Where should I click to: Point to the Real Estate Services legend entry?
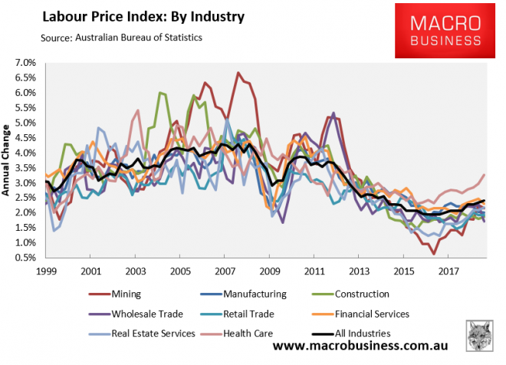pyautogui.click(x=146, y=334)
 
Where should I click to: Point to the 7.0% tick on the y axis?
pyautogui.click(x=26, y=62)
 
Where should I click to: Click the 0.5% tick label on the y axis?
pyautogui.click(x=26, y=258)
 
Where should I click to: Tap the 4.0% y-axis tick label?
pyautogui.click(x=26, y=153)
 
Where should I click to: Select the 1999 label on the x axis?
pyautogui.click(x=46, y=271)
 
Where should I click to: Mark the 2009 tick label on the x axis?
pyautogui.click(x=269, y=271)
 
